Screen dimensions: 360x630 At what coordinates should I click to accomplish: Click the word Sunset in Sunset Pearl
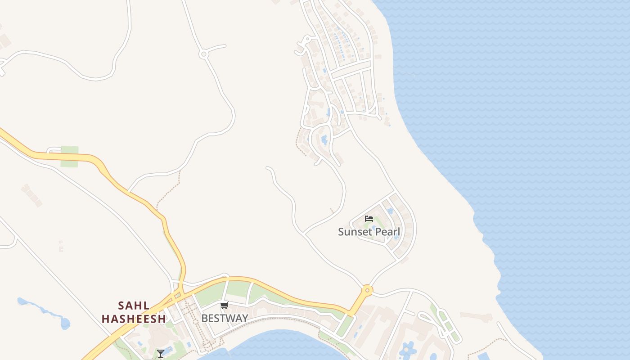(x=355, y=232)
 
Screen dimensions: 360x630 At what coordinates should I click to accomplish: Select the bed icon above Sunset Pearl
(x=369, y=219)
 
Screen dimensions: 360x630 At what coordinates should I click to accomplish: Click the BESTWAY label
(x=225, y=318)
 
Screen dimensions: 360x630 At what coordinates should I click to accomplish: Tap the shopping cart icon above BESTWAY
(x=224, y=306)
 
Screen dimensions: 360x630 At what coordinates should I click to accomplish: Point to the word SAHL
(x=134, y=306)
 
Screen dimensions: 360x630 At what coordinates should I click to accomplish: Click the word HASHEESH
(x=134, y=319)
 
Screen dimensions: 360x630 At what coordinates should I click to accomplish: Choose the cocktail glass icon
(x=161, y=353)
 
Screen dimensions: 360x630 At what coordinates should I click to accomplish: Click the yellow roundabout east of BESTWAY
(x=367, y=290)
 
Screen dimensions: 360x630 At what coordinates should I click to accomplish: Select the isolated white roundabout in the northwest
(x=203, y=54)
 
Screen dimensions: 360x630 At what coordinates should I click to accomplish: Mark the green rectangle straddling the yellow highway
(x=69, y=156)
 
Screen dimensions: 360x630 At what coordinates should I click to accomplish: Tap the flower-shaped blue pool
(x=408, y=349)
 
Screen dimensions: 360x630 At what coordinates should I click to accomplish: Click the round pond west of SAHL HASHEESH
(x=65, y=323)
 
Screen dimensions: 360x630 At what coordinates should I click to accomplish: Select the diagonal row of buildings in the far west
(x=31, y=195)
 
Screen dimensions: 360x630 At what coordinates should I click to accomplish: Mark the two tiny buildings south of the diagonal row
(x=61, y=246)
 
